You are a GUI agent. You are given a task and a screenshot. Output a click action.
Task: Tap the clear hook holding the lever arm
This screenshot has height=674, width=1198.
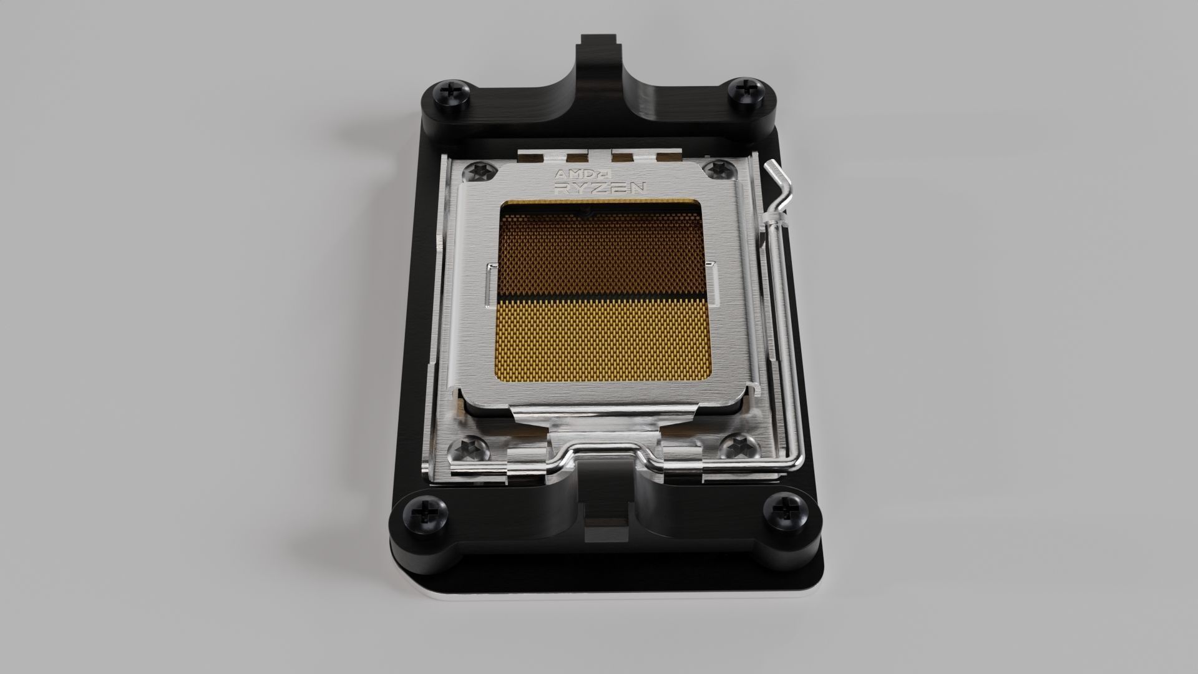click(774, 218)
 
